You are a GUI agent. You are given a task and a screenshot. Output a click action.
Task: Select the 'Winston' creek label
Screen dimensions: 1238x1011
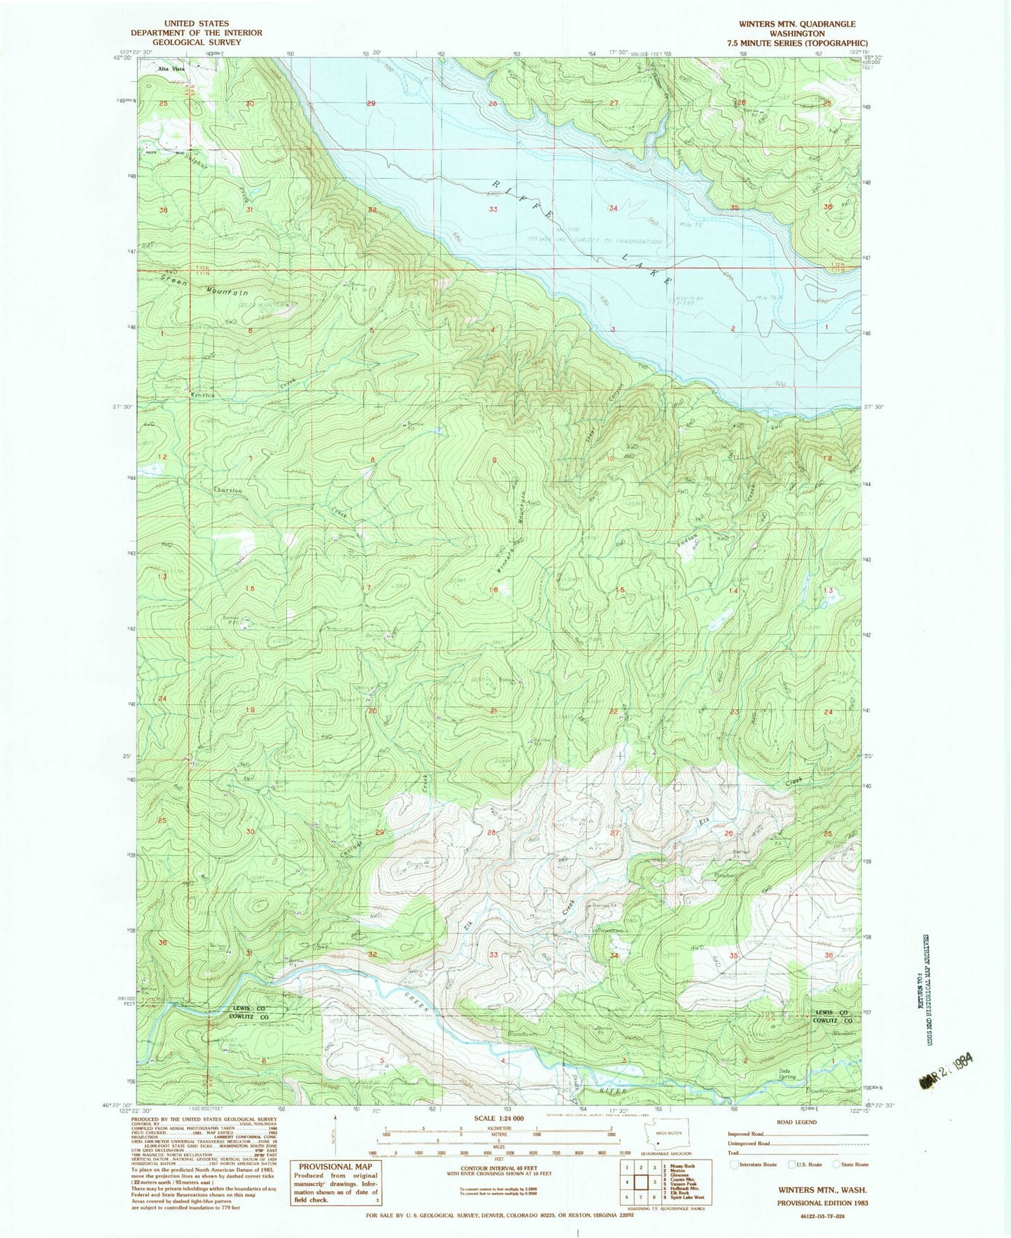(x=202, y=395)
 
